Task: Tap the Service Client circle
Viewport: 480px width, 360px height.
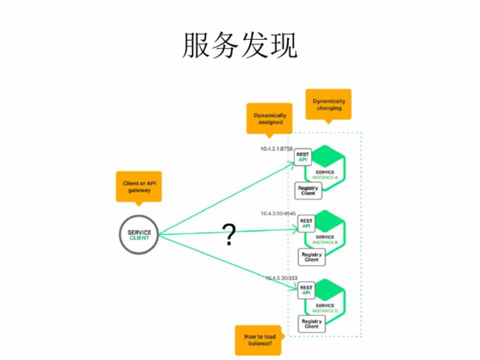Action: (x=138, y=235)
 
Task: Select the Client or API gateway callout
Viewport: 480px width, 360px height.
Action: (x=138, y=187)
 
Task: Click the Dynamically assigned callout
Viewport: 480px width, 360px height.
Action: (x=269, y=118)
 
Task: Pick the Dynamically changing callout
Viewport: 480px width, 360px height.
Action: (x=328, y=104)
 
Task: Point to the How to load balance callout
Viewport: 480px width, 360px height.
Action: (x=258, y=339)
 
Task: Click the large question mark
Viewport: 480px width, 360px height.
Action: (x=228, y=234)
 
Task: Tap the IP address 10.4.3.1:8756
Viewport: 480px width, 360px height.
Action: (x=276, y=149)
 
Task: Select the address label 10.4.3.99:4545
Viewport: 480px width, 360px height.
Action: (x=278, y=213)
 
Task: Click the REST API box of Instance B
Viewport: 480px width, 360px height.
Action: (x=306, y=223)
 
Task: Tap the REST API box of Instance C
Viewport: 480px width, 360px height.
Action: (x=306, y=290)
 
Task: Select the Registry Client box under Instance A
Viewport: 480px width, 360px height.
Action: (x=308, y=190)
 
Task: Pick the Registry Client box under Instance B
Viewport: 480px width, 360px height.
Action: (x=311, y=257)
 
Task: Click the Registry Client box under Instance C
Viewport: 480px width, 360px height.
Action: (x=311, y=324)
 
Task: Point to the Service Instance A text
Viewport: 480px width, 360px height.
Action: (x=325, y=175)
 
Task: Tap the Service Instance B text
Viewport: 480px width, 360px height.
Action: (x=325, y=240)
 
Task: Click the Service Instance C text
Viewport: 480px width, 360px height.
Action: (x=325, y=308)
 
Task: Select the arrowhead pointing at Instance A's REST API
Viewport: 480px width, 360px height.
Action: (x=292, y=162)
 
